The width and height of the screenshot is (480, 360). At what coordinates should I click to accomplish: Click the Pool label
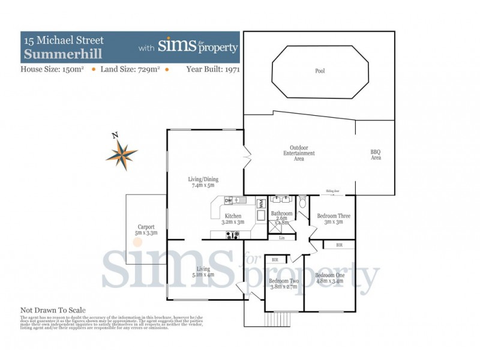click(320, 71)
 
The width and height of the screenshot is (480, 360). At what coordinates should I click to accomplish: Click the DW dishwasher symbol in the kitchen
click(228, 200)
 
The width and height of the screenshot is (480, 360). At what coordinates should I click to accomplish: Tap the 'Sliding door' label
click(332, 191)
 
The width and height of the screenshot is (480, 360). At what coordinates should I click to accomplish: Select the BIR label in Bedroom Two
click(275, 259)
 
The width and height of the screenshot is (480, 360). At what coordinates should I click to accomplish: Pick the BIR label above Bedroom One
click(339, 245)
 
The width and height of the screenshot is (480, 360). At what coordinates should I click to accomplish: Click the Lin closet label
click(282, 238)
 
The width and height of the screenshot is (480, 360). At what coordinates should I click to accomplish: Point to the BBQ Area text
click(376, 154)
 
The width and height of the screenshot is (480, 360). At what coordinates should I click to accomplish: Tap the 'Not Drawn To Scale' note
click(53, 310)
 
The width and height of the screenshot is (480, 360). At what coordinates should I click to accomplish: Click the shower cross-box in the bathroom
click(278, 225)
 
